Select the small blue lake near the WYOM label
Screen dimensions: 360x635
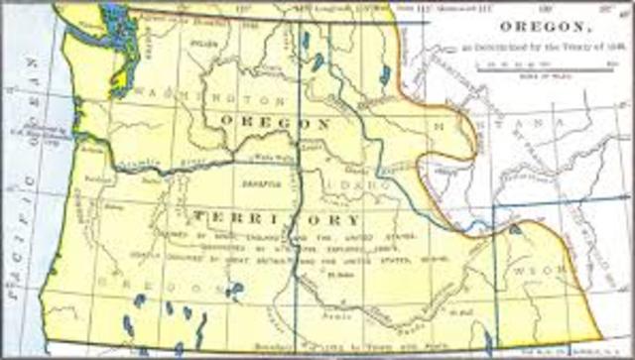tap(517, 231)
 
